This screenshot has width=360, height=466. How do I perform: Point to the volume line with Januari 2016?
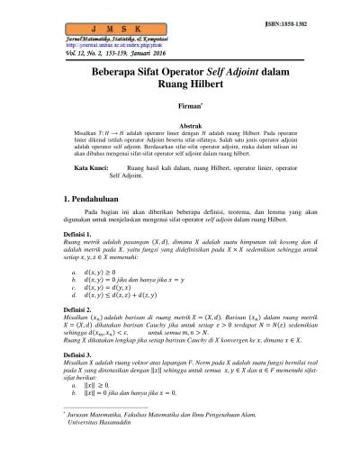[97, 53]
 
